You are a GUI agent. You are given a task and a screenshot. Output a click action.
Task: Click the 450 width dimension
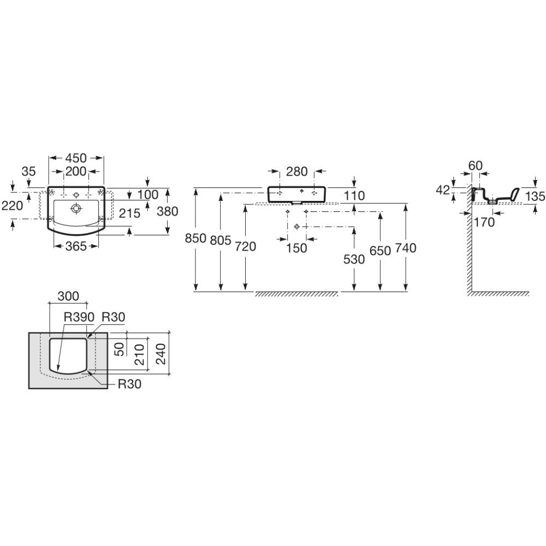[76, 158]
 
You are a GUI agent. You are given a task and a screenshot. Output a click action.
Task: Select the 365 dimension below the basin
[76, 246]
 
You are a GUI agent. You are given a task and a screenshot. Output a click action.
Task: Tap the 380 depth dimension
[168, 211]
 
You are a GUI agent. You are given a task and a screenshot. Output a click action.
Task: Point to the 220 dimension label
[12, 205]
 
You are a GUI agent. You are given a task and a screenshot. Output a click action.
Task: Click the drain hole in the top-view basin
[76, 209]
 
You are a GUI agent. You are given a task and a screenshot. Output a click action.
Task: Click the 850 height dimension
[195, 239]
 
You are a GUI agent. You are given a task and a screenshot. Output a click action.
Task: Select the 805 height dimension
[221, 240]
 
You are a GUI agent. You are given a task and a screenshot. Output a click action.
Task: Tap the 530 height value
[354, 259]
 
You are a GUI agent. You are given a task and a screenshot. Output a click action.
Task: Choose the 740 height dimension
[406, 248]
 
